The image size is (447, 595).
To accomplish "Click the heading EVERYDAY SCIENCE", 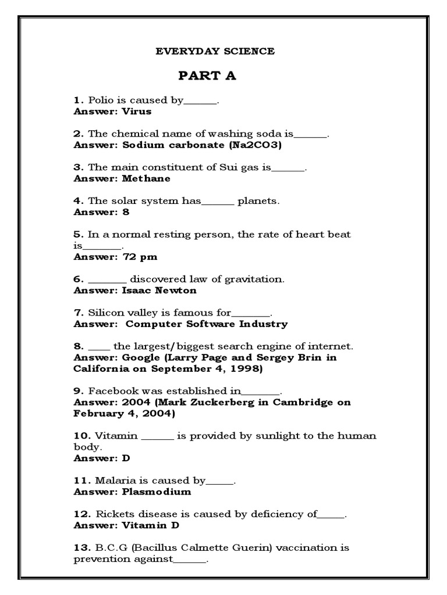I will click(215, 51).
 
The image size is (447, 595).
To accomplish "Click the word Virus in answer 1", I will click(137, 111).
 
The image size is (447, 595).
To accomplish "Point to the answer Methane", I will click(146, 178).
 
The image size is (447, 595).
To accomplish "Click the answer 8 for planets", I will click(126, 212).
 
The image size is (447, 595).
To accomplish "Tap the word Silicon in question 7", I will click(105, 313).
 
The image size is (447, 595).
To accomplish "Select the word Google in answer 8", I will click(139, 357).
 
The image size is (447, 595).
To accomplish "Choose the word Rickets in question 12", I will click(109, 514).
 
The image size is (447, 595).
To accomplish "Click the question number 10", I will click(81, 436).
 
